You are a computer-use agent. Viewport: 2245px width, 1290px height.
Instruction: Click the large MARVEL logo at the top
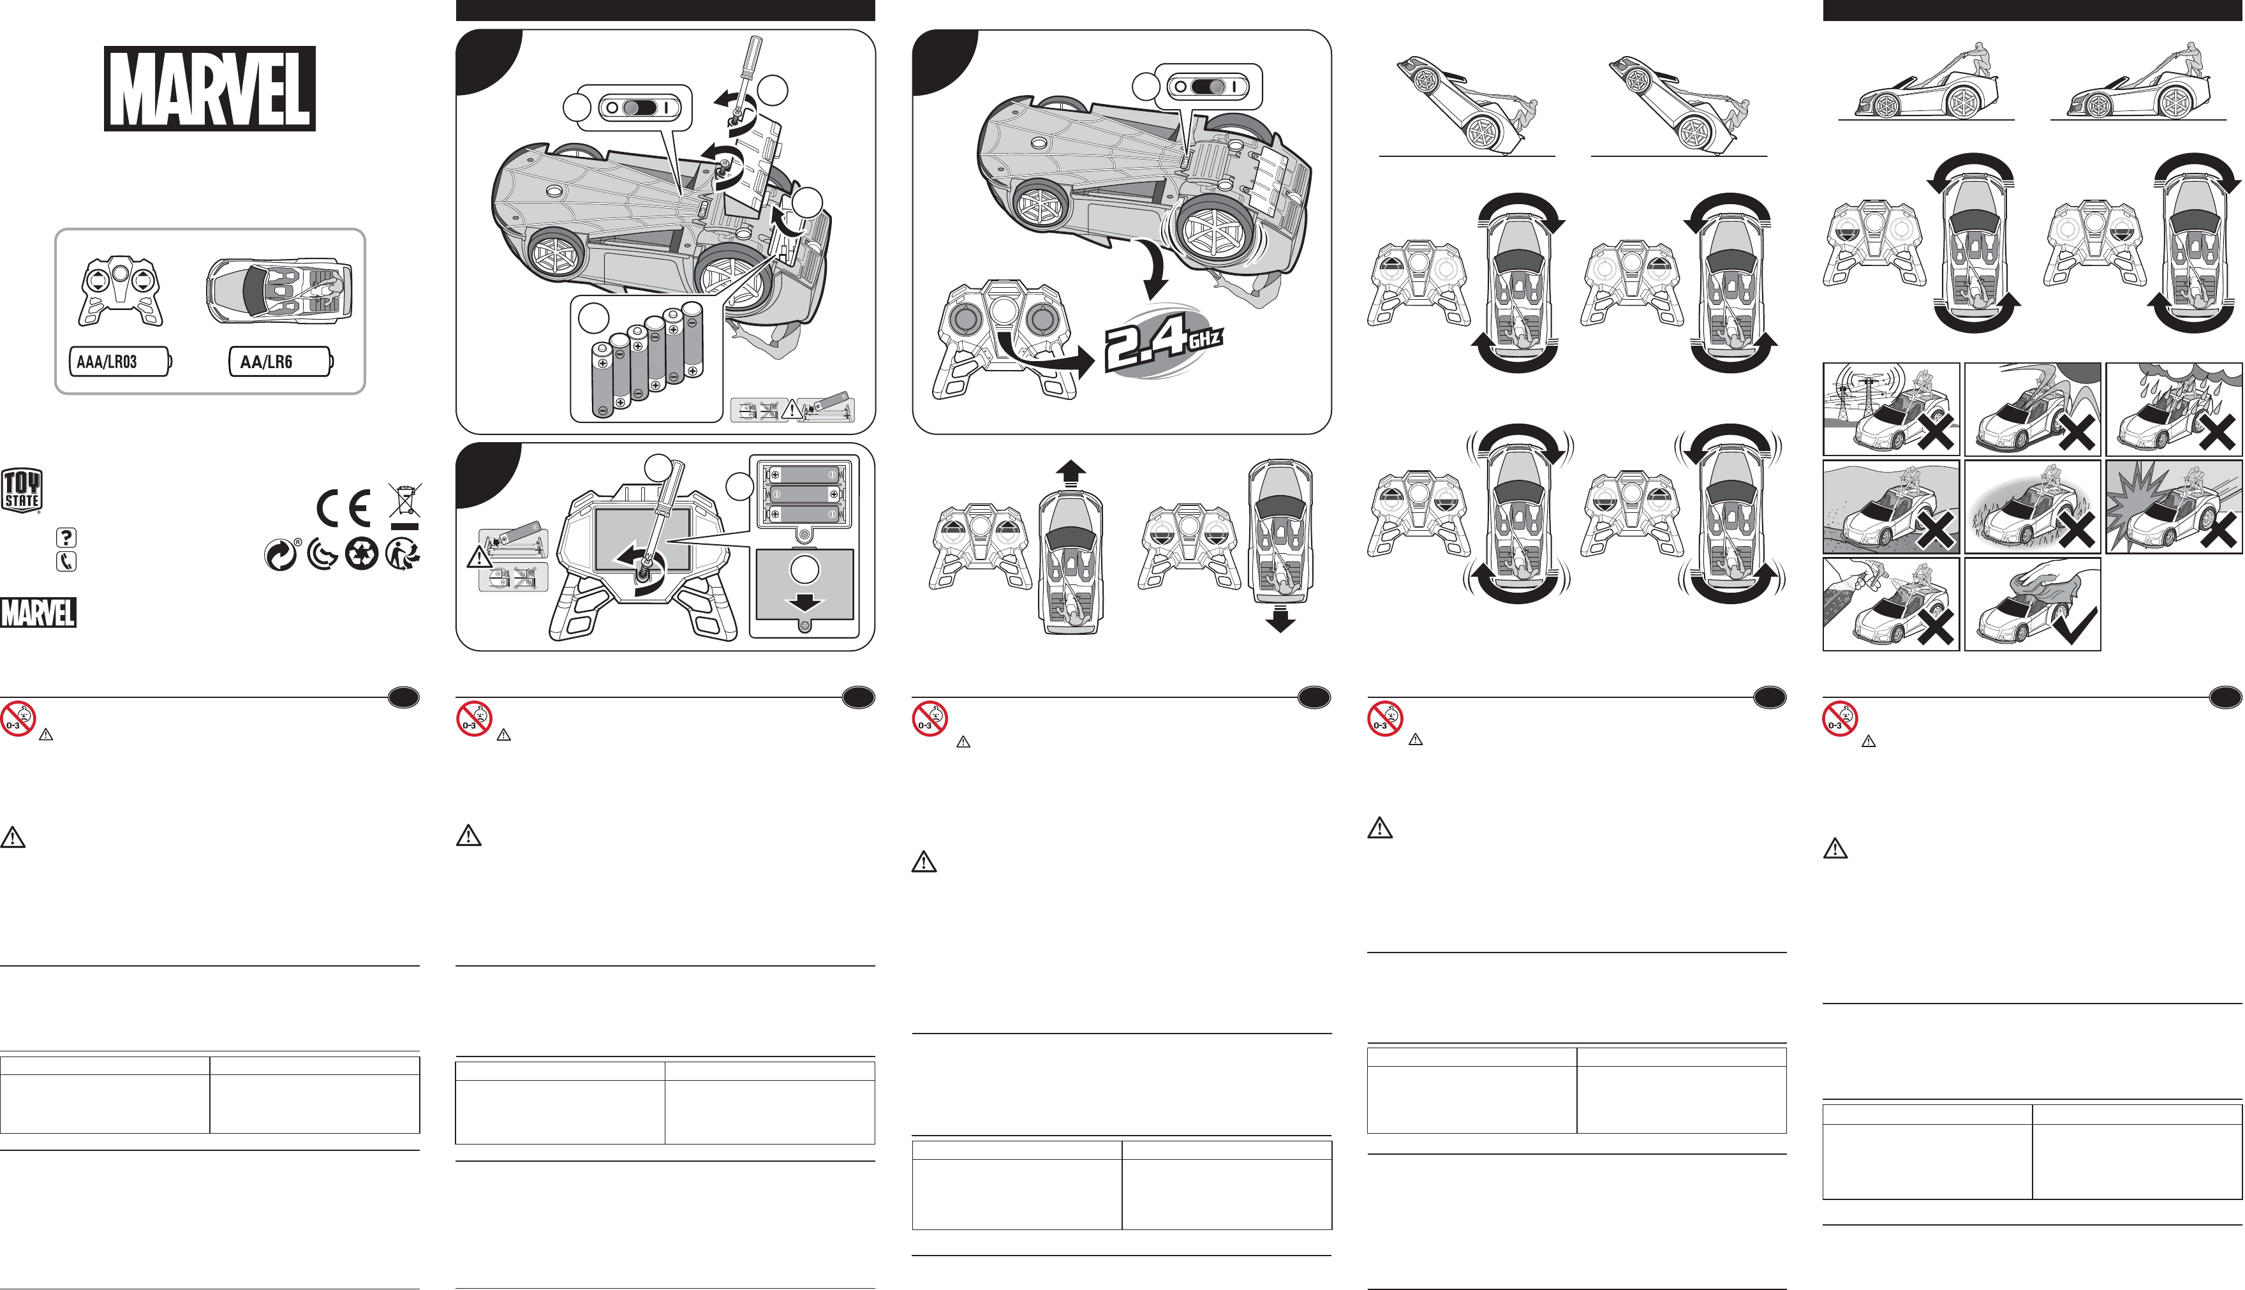(210, 89)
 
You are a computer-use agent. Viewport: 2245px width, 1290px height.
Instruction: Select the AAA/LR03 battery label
(119, 362)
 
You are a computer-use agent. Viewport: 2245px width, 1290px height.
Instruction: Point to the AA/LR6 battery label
(281, 362)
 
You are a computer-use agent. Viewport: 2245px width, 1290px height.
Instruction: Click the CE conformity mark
(344, 508)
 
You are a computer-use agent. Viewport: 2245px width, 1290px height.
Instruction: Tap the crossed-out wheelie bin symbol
(405, 506)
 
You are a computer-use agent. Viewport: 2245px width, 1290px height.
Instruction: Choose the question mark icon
(66, 537)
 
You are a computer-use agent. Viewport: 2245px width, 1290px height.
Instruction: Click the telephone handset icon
(66, 561)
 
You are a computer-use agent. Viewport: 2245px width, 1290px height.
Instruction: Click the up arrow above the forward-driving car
(1071, 474)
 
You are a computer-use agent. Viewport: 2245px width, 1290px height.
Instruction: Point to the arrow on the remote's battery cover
(804, 602)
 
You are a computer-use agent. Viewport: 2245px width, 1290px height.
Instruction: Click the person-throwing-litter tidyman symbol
(403, 554)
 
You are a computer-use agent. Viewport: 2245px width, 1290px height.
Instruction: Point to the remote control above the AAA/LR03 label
(121, 292)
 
